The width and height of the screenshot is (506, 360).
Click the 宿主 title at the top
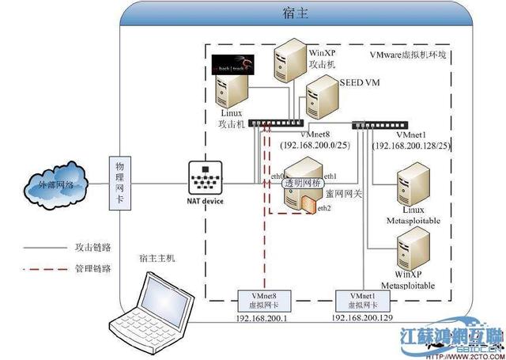294,13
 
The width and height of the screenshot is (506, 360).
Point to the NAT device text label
206,202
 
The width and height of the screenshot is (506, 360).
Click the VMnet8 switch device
275,123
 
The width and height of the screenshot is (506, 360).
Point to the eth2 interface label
323,208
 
